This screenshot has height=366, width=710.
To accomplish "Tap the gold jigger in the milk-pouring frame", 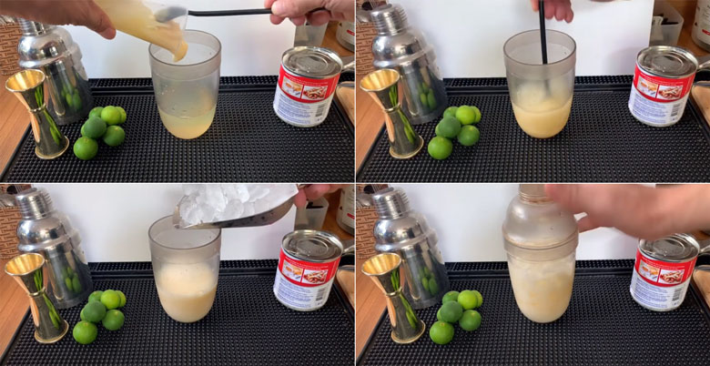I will [35, 107].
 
